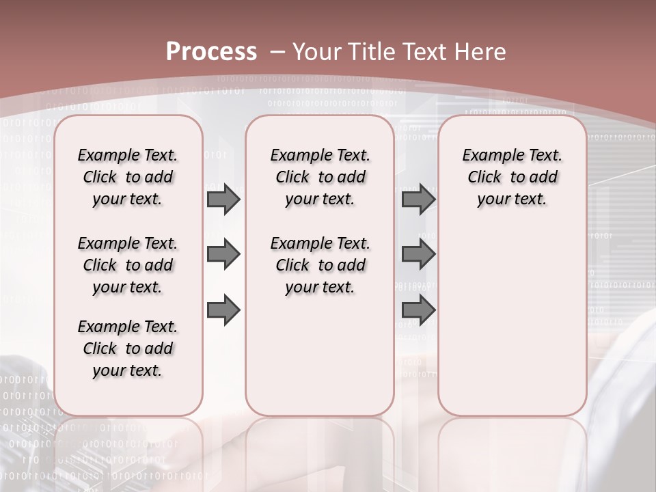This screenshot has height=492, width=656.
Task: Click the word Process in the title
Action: [x=211, y=52]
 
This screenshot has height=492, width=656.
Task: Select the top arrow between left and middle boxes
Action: [x=223, y=199]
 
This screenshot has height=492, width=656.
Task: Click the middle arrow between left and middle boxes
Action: [x=223, y=254]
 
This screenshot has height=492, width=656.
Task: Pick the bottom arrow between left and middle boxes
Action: [x=223, y=310]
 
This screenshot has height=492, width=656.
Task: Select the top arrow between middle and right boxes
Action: [x=418, y=199]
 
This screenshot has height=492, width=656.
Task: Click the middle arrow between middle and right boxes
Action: [x=418, y=254]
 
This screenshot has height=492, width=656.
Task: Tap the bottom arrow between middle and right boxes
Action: [x=418, y=310]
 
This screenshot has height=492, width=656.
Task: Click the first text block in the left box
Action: [x=127, y=177]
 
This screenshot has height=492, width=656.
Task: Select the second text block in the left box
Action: [x=127, y=265]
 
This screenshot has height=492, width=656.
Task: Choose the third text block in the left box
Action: [x=127, y=348]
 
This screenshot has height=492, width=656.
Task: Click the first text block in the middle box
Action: [x=320, y=177]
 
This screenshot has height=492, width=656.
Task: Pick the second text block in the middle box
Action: [x=320, y=265]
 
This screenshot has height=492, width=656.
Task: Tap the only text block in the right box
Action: [x=512, y=177]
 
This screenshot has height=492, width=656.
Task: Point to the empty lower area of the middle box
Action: [x=320, y=355]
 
